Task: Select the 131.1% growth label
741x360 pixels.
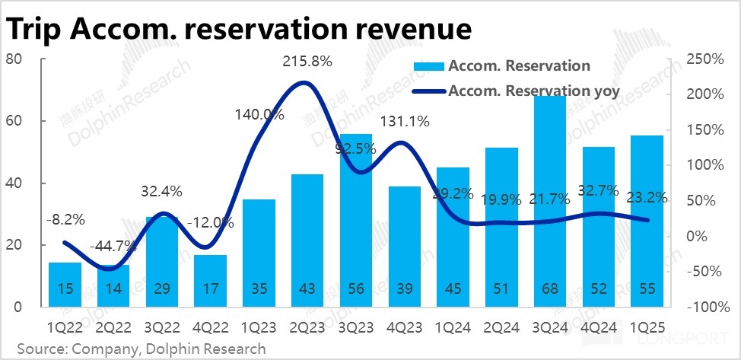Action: (405, 121)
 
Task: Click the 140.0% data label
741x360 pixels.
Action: (259, 115)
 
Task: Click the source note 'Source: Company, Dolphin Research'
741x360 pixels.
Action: (137, 349)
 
